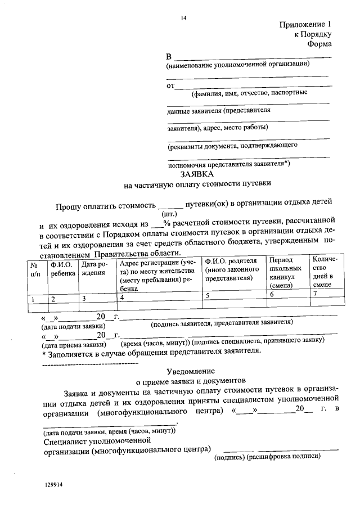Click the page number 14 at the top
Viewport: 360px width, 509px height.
pyautogui.click(x=183, y=18)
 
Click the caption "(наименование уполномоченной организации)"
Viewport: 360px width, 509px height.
pyautogui.click(x=238, y=64)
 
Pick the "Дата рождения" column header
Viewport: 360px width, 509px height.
pyautogui.click(x=94, y=269)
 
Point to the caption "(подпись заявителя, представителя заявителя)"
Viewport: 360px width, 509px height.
pyautogui.click(x=221, y=322)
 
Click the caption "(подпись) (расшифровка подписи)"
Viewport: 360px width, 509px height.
pyautogui.click(x=267, y=456)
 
